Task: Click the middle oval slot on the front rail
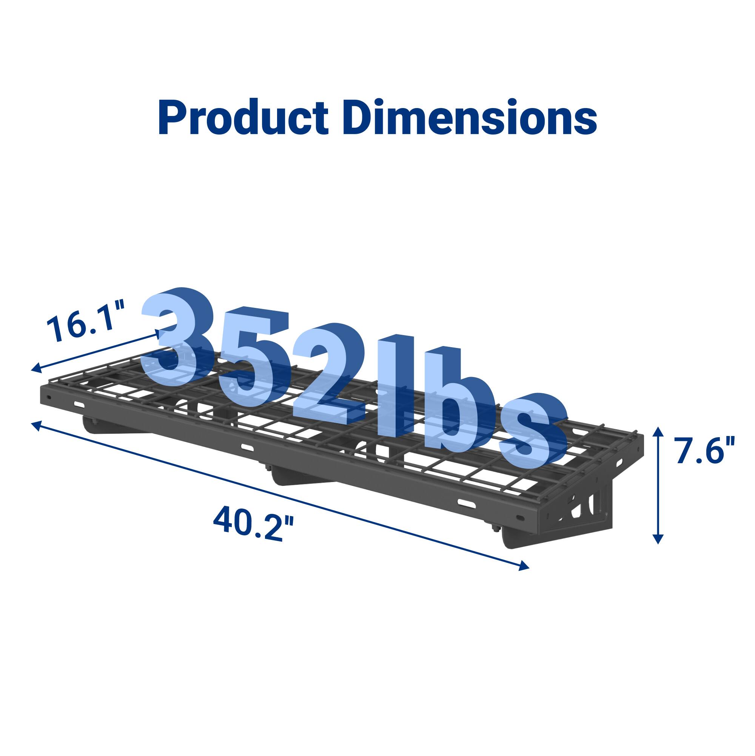pos(247,447)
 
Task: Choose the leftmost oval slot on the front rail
pos(79,404)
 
